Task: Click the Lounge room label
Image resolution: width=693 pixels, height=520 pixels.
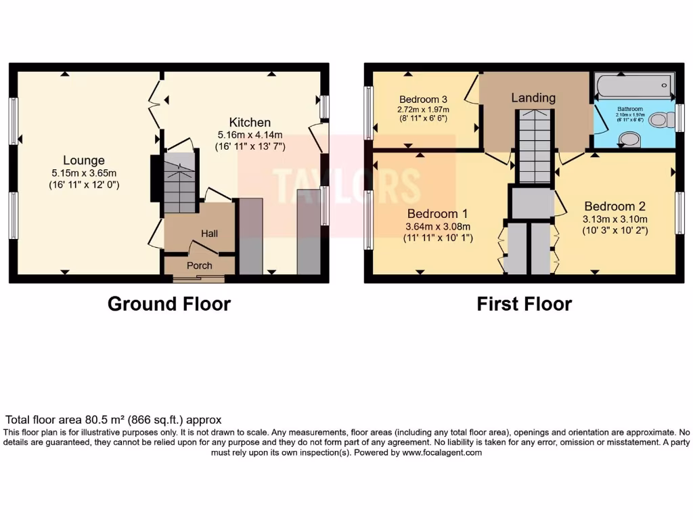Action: pos(84,160)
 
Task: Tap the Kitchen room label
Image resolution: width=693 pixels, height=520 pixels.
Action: pos(250,123)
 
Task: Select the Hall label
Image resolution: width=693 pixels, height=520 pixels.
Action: pos(209,233)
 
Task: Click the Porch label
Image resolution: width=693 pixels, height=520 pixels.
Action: pos(200,265)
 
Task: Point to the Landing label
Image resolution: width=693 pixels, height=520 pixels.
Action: pos(533,98)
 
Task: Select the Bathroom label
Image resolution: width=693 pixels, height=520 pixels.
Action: pos(630,108)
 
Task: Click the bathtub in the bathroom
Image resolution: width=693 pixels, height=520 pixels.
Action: pos(633,87)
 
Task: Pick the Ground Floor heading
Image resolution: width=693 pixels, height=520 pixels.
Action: pos(169,304)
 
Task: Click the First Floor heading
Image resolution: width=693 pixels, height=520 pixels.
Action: pos(524,304)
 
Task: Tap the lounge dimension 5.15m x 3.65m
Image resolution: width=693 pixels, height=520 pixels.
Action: pos(84,173)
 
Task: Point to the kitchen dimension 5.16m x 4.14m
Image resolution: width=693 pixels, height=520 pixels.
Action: pos(250,135)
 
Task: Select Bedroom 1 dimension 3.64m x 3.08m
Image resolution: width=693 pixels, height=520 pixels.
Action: pos(438,227)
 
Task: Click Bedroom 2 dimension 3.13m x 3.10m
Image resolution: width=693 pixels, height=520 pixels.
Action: pos(614,219)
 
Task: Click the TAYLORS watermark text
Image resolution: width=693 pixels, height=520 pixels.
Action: pos(346,183)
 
